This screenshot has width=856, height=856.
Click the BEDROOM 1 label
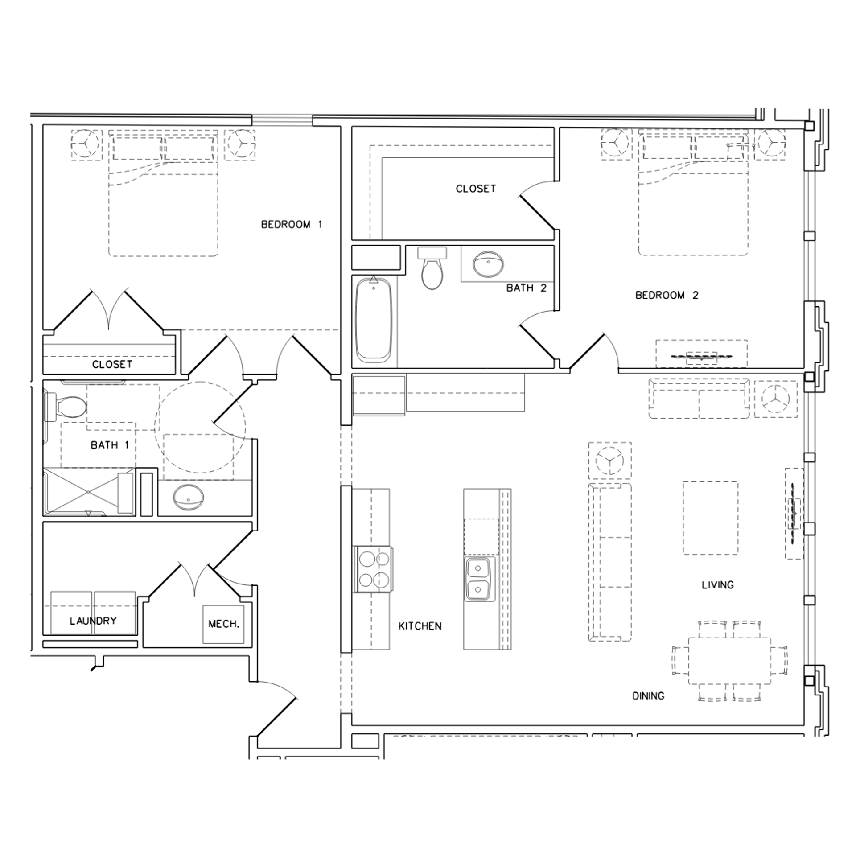[291, 224]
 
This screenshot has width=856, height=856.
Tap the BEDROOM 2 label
[667, 295]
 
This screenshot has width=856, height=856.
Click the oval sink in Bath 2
[488, 264]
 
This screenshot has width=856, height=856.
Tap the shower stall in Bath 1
[88, 492]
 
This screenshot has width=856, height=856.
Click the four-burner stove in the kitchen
[374, 569]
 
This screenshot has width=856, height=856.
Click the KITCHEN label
[420, 626]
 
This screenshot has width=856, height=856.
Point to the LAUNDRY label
[93, 621]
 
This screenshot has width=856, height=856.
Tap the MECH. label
[224, 624]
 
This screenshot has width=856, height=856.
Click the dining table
[729, 661]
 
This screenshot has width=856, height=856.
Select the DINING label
[648, 696]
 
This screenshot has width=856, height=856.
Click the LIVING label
[717, 585]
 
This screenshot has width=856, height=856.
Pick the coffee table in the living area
[710, 518]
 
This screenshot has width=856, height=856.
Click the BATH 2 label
[526, 288]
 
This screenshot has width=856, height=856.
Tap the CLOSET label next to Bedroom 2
[475, 189]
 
